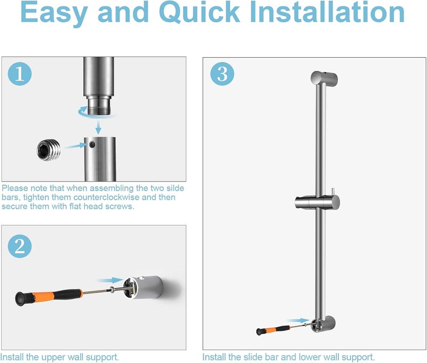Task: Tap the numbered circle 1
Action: pyautogui.click(x=20, y=74)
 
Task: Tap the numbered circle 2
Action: pyautogui.click(x=20, y=246)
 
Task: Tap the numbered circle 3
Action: pyautogui.click(x=222, y=74)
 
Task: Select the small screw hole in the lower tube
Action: pyautogui.click(x=94, y=144)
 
